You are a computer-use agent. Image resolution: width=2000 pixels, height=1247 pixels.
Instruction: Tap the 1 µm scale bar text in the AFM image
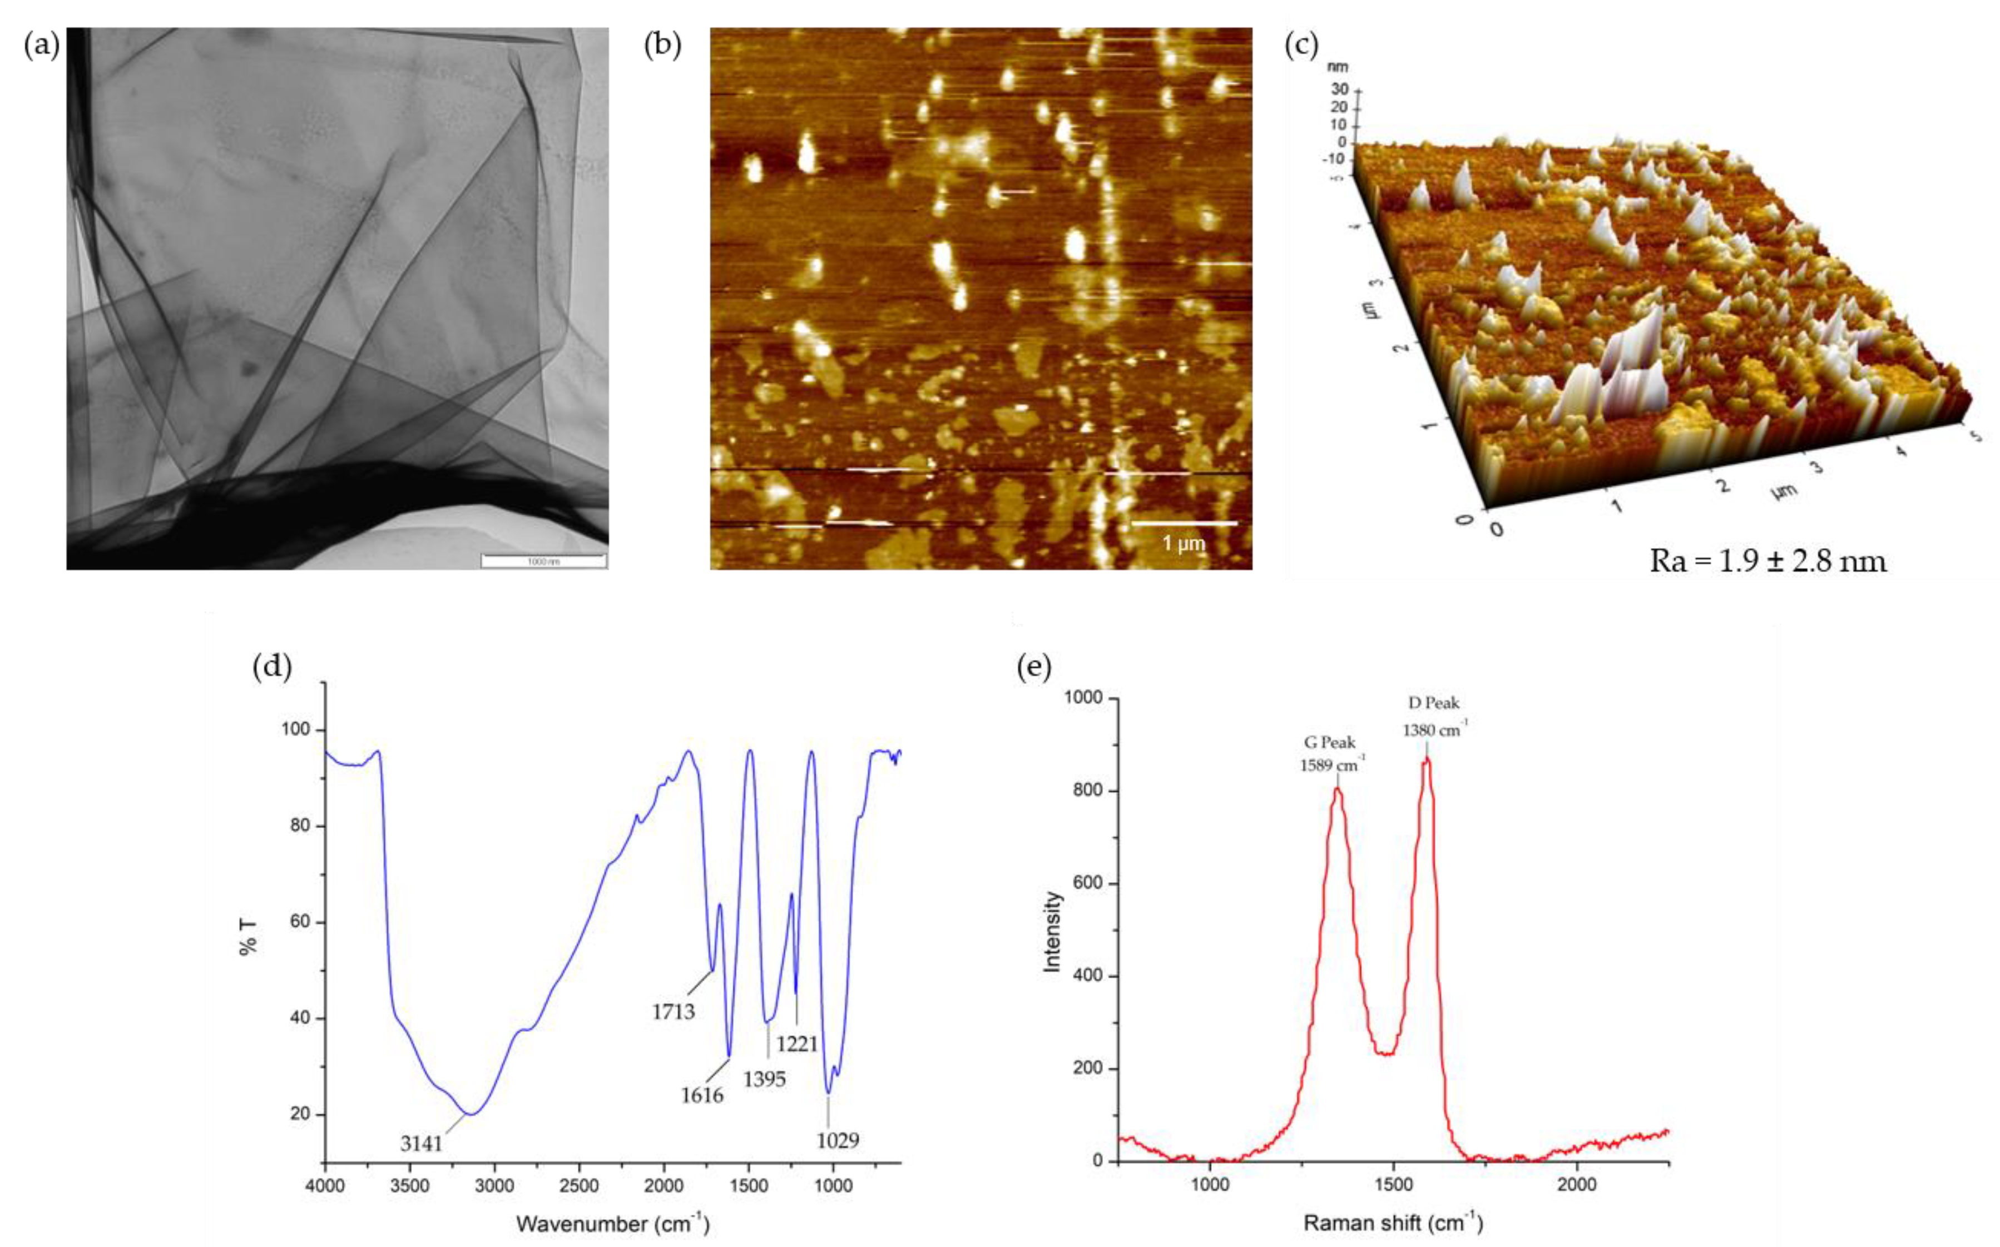1184,544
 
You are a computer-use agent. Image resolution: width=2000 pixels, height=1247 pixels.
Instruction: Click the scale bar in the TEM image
543,561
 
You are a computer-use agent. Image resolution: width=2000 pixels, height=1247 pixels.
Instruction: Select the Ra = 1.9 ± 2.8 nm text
1768,562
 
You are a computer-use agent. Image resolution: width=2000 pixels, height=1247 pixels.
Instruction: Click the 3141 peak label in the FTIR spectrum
422,1143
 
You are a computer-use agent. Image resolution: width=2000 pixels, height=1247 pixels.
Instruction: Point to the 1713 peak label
674,1011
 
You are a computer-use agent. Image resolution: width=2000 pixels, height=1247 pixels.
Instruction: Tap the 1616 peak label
701,1095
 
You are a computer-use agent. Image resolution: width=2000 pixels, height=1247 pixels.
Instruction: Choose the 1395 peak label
765,1079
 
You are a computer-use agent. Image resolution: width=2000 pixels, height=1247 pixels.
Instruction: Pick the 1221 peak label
797,1044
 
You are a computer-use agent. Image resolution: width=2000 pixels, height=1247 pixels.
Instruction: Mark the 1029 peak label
838,1141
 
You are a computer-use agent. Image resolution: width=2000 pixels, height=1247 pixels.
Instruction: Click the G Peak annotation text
1328,743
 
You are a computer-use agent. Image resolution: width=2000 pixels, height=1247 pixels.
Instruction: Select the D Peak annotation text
1433,703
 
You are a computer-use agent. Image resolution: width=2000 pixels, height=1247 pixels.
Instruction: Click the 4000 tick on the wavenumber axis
326,1188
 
